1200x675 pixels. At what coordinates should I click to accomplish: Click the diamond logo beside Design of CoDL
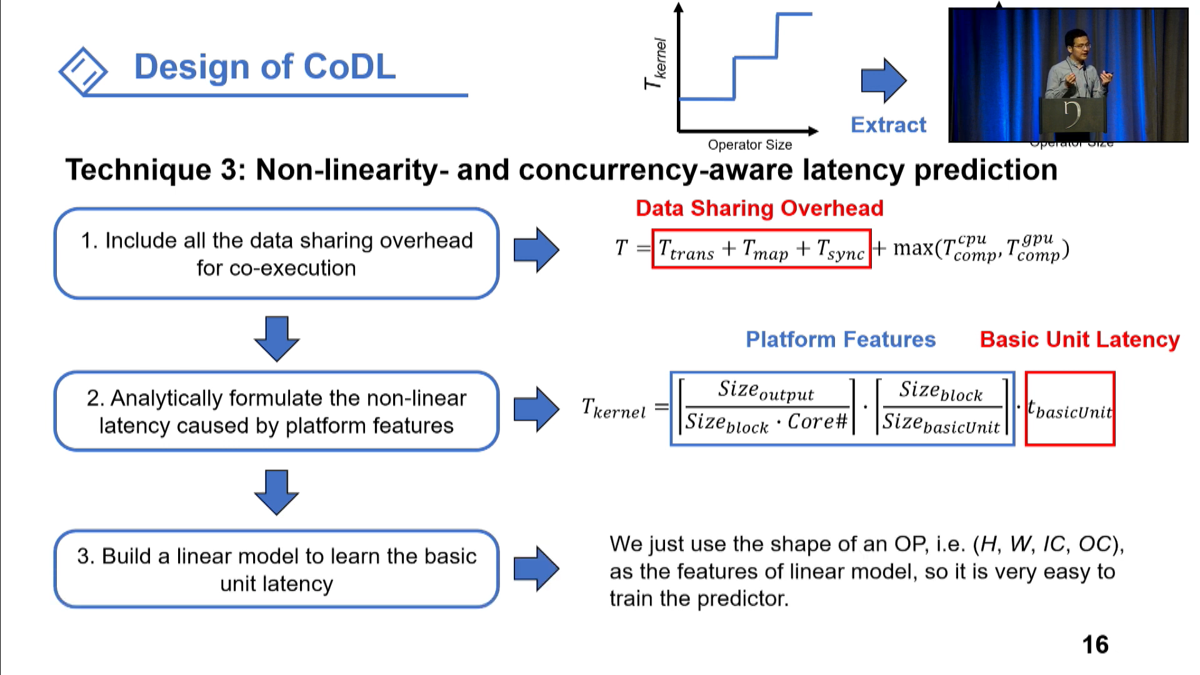click(x=83, y=71)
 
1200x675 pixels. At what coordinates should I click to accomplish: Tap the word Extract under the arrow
click(x=887, y=125)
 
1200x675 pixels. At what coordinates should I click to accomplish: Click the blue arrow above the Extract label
click(x=883, y=81)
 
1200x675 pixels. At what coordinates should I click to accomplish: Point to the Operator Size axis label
click(x=749, y=145)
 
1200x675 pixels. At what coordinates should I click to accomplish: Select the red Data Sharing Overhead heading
click(x=759, y=208)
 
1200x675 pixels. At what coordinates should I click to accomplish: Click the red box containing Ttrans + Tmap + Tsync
click(x=761, y=249)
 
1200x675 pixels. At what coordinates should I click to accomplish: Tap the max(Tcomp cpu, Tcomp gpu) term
click(x=980, y=249)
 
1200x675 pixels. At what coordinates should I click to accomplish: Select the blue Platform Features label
click(x=840, y=339)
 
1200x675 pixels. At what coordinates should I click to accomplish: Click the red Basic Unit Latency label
click(x=1079, y=339)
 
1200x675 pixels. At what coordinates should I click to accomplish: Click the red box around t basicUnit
click(x=1069, y=409)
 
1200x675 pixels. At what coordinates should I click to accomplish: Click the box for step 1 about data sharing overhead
click(x=276, y=254)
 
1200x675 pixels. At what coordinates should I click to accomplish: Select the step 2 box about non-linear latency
click(x=276, y=411)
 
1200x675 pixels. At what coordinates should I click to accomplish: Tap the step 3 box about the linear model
click(x=276, y=569)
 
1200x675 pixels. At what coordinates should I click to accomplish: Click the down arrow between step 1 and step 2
click(x=276, y=338)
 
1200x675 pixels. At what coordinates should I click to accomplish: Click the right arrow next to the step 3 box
click(x=536, y=569)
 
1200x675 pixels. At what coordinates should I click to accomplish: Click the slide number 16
click(x=1095, y=645)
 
